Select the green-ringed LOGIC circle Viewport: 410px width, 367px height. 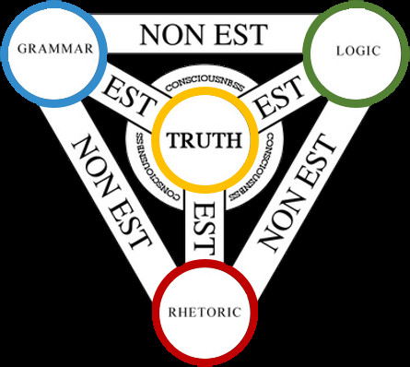click(355, 51)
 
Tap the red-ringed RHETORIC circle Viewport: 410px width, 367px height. click(205, 311)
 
